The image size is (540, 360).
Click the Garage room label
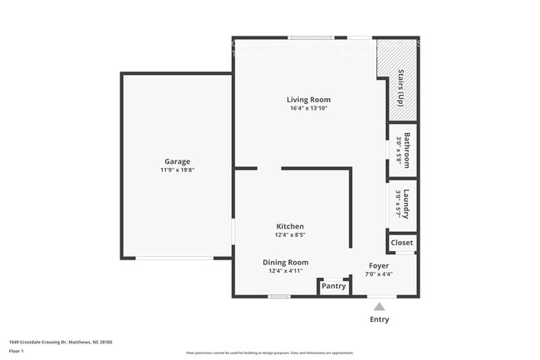(x=177, y=161)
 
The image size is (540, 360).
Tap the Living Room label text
(x=309, y=100)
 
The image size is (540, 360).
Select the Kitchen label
(x=290, y=226)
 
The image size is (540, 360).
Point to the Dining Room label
(x=286, y=262)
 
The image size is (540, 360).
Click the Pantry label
(x=333, y=286)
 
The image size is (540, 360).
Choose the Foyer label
(x=379, y=265)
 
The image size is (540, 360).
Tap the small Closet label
(x=402, y=243)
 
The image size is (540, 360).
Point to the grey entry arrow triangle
(x=379, y=306)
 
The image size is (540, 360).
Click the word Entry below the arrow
(x=379, y=319)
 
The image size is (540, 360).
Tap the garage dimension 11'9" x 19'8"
(x=177, y=170)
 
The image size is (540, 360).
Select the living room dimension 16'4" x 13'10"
(x=309, y=109)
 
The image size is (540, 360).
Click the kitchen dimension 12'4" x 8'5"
(x=290, y=235)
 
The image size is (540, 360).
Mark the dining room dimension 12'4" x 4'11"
(x=286, y=271)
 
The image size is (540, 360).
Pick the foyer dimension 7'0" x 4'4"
(x=379, y=274)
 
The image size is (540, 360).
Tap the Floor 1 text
(x=17, y=351)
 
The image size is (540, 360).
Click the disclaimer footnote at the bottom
(x=269, y=353)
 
